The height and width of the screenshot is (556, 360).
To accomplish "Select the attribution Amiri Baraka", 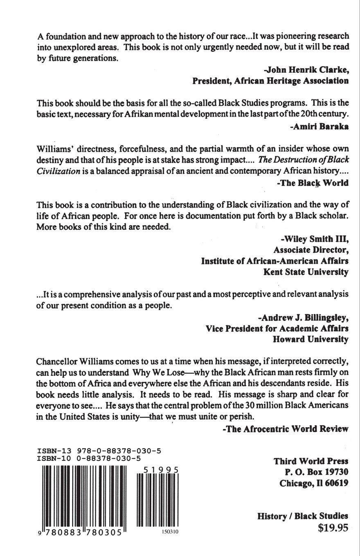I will click(x=319, y=126).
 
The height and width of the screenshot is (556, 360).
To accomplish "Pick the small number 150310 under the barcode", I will click(x=168, y=531).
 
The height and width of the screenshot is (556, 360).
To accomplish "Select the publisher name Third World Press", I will click(x=310, y=461).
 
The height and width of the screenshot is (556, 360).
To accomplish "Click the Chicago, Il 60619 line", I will click(x=313, y=483).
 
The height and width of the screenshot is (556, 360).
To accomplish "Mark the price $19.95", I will click(x=333, y=528).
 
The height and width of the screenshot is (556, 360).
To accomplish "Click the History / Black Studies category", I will click(x=303, y=516).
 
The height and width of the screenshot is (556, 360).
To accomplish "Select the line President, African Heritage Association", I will click(x=270, y=81).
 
